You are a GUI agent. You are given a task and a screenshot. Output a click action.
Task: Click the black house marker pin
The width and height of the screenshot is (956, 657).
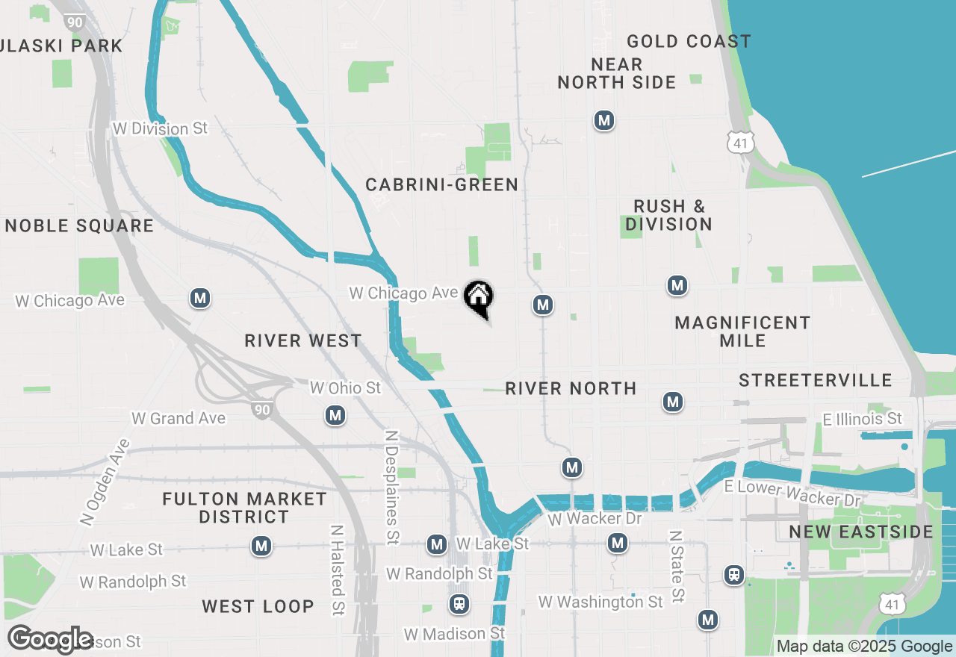(x=479, y=298)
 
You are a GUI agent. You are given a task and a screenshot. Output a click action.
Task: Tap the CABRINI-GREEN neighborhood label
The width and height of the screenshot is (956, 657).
(x=441, y=184)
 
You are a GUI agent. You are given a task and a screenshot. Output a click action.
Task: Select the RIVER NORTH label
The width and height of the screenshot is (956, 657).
(x=571, y=388)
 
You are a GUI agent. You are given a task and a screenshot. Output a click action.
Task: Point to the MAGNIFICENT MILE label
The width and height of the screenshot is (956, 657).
(x=742, y=331)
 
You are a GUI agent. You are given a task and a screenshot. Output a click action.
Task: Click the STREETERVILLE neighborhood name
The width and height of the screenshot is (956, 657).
(x=816, y=381)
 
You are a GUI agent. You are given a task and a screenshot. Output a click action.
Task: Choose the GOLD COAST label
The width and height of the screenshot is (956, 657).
(x=689, y=41)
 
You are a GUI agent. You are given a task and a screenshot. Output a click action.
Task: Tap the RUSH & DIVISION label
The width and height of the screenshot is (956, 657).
(x=668, y=215)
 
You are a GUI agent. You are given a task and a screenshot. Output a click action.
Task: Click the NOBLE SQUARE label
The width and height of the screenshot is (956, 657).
(x=79, y=225)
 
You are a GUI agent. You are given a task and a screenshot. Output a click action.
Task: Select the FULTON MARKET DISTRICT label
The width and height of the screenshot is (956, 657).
(x=245, y=508)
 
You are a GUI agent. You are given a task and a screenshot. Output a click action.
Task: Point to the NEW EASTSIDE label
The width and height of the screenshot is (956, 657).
(x=861, y=532)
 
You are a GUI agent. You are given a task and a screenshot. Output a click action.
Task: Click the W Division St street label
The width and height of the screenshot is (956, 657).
(x=160, y=128)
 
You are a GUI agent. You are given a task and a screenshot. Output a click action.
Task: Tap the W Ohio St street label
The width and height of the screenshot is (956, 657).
(x=345, y=387)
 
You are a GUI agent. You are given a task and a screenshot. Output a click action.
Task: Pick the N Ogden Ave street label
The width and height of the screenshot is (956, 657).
(x=105, y=481)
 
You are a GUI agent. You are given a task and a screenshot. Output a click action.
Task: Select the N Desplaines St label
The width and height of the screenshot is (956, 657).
(x=390, y=486)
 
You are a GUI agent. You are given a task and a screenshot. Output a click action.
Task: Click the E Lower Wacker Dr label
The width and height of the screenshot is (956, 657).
(x=792, y=493)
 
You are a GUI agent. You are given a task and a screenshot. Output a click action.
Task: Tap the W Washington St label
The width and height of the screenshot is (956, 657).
(x=600, y=601)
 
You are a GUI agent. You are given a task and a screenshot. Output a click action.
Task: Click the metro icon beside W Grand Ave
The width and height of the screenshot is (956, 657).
(x=335, y=415)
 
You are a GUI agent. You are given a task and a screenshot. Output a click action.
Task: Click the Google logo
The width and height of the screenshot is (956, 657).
(x=51, y=639)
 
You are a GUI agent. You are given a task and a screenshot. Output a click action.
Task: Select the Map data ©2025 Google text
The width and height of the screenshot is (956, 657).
(x=864, y=647)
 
